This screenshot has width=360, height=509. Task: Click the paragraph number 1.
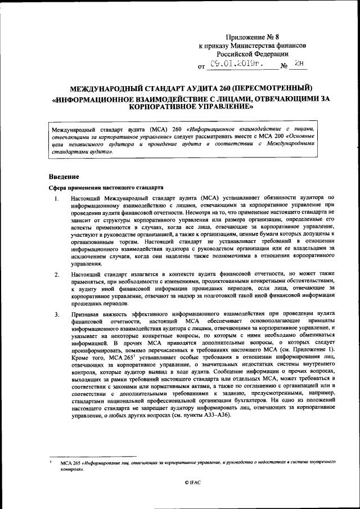tap(57, 197)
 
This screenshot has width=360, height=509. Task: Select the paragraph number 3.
tap(57, 314)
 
